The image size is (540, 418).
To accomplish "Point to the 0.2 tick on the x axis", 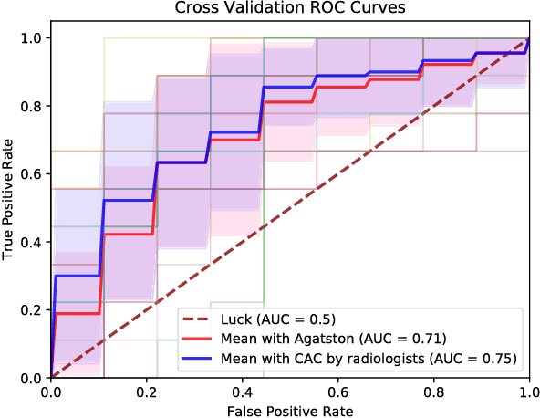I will tap(146, 391).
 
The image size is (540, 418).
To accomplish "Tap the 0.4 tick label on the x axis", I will tap(242, 391).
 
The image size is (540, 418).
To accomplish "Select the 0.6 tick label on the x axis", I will tap(337, 391).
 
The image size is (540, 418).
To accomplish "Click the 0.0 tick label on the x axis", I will tap(50, 391).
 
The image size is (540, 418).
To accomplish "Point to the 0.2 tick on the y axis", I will tap(32, 309).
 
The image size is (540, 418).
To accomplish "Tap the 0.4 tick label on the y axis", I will tap(32, 242).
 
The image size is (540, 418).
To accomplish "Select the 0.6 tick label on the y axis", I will tap(32, 173).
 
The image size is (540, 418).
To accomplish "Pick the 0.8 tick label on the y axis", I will tap(32, 106).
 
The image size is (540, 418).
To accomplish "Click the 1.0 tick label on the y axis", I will tap(32, 37).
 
